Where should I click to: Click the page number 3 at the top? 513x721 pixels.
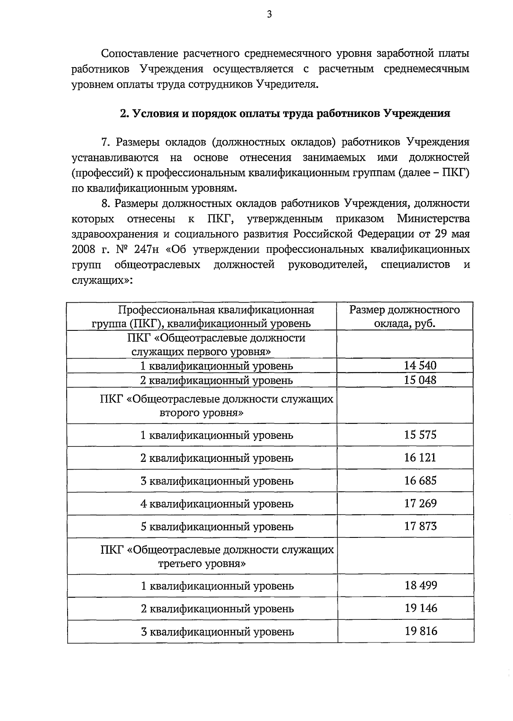point(269,15)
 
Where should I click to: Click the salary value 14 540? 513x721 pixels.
point(420,365)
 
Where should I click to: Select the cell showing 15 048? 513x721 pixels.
point(420,380)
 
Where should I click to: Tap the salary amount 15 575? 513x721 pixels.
point(420,435)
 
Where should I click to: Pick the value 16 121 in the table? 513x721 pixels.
point(420,458)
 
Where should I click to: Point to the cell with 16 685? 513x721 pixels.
point(420,481)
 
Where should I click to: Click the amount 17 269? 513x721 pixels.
point(420,503)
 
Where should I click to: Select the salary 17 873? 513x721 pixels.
point(420,526)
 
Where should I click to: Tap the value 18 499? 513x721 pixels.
point(421,585)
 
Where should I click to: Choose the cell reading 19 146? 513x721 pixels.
point(421,608)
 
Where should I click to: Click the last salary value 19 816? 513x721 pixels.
point(421,631)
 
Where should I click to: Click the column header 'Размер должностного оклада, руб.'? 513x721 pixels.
point(404,316)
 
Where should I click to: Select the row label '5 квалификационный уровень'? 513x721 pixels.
point(217,526)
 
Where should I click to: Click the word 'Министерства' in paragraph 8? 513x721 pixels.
point(433,219)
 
